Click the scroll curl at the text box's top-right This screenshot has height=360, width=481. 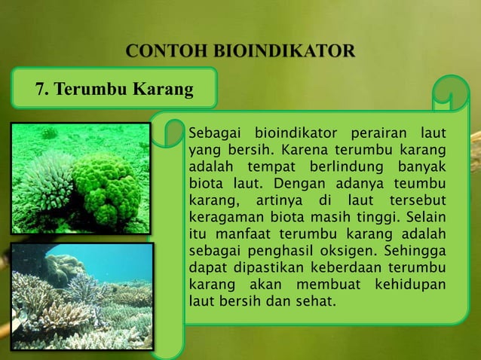[450, 98]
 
